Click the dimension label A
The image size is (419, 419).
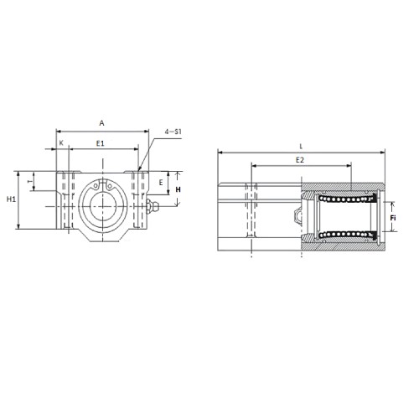pyautogui.click(x=102, y=123)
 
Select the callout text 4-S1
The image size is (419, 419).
pyautogui.click(x=173, y=132)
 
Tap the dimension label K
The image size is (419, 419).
pyautogui.click(x=62, y=142)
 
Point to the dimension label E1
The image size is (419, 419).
pyautogui.click(x=101, y=143)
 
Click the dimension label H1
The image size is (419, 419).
pyautogui.click(x=11, y=199)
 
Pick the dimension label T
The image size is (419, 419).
pyautogui.click(x=29, y=181)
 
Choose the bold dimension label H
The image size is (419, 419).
pyautogui.click(x=178, y=190)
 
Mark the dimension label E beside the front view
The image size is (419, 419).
pyautogui.click(x=161, y=183)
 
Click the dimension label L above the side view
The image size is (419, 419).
pyautogui.click(x=301, y=146)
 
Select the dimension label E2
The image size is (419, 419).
pyautogui.click(x=300, y=160)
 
